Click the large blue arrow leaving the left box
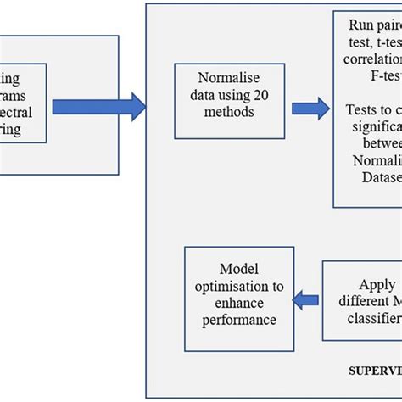tap(98, 107)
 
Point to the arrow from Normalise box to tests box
tap(310, 108)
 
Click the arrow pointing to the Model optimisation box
tap(304, 298)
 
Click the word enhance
tap(239, 304)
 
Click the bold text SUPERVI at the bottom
tap(375, 371)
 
